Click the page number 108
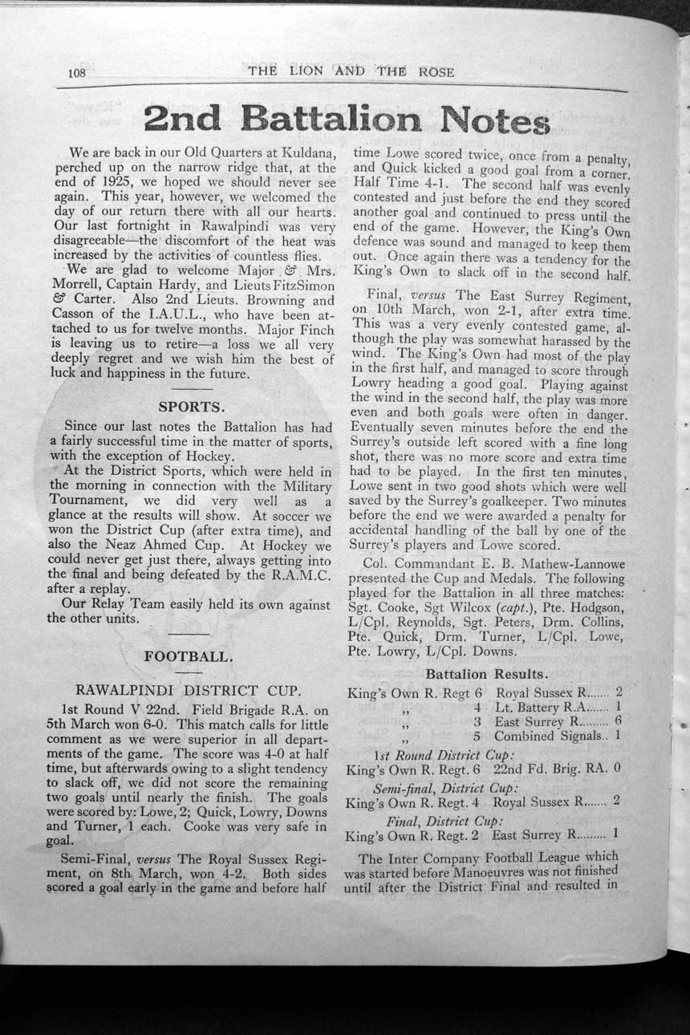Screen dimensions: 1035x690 pos(77,73)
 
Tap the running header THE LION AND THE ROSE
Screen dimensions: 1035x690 pos(351,71)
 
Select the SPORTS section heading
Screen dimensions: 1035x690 pos(190,406)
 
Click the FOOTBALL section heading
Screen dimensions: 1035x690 pos(189,656)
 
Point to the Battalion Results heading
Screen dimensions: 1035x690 pos(487,673)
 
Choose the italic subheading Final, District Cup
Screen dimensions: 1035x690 pos(445,822)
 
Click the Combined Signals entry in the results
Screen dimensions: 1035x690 pos(547,736)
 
